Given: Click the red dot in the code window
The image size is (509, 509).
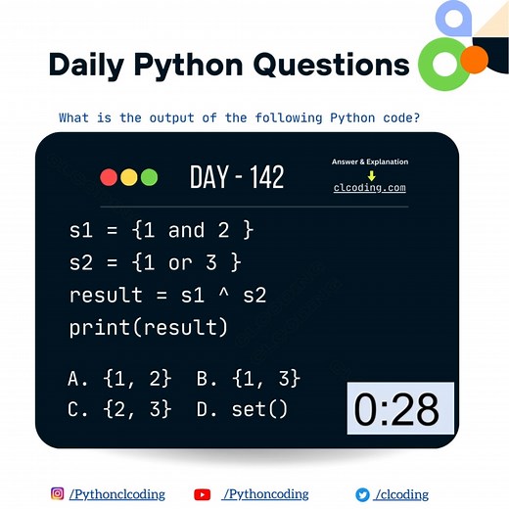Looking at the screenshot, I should (x=109, y=177).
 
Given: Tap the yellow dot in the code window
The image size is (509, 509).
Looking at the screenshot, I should (x=129, y=177).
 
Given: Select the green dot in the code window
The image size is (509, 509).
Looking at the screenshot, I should (x=149, y=177).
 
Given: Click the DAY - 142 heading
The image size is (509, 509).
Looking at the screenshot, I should (x=237, y=177).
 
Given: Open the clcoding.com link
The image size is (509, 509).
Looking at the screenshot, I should (x=370, y=188).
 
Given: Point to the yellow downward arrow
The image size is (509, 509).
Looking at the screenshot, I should (x=371, y=175).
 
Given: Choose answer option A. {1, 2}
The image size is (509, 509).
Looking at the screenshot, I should (x=119, y=378).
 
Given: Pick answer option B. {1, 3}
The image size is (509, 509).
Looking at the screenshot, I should (x=248, y=378).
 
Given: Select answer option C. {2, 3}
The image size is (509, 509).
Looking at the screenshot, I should (x=119, y=409).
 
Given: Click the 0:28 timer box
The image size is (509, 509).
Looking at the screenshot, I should (x=400, y=409).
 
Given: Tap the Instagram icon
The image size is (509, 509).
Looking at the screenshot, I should (x=58, y=494).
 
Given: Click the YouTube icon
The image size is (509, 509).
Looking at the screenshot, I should (x=203, y=494).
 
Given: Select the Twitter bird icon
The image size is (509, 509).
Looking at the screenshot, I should (x=361, y=494).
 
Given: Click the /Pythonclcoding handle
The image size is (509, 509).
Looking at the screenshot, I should (x=116, y=494).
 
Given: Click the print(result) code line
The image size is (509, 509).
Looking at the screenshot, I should (x=148, y=327).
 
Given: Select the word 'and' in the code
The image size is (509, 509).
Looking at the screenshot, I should (x=186, y=231).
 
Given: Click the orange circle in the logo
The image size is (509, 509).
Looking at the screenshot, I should (x=474, y=60).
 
